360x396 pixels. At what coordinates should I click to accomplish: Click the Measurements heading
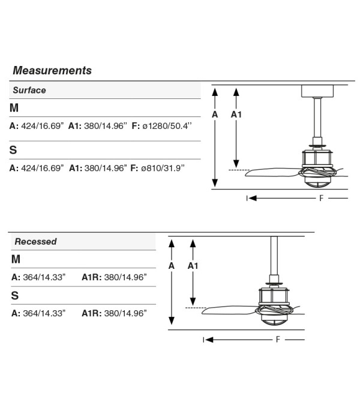click(x=52, y=70)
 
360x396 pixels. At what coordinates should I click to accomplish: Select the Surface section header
click(x=29, y=90)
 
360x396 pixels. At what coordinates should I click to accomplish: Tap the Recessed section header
click(x=35, y=241)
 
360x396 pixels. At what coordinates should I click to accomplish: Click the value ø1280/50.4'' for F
click(x=167, y=126)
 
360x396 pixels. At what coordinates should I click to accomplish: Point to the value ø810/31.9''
click(x=163, y=168)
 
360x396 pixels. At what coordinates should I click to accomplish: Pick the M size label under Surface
click(x=14, y=108)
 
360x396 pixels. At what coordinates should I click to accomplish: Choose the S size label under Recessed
click(x=15, y=295)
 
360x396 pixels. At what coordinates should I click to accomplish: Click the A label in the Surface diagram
click(x=215, y=115)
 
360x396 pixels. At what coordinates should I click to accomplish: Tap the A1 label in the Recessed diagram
click(x=193, y=266)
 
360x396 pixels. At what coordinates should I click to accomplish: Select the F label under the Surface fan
click(x=321, y=198)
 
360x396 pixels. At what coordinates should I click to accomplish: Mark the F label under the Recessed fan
click(x=278, y=339)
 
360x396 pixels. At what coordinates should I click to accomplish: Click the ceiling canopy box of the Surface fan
click(x=317, y=91)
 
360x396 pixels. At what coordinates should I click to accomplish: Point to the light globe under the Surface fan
click(x=318, y=182)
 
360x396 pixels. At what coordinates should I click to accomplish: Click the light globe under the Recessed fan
click(x=274, y=319)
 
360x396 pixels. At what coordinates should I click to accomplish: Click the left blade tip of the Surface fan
click(x=245, y=174)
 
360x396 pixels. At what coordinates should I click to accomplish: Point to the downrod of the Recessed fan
click(x=274, y=256)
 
